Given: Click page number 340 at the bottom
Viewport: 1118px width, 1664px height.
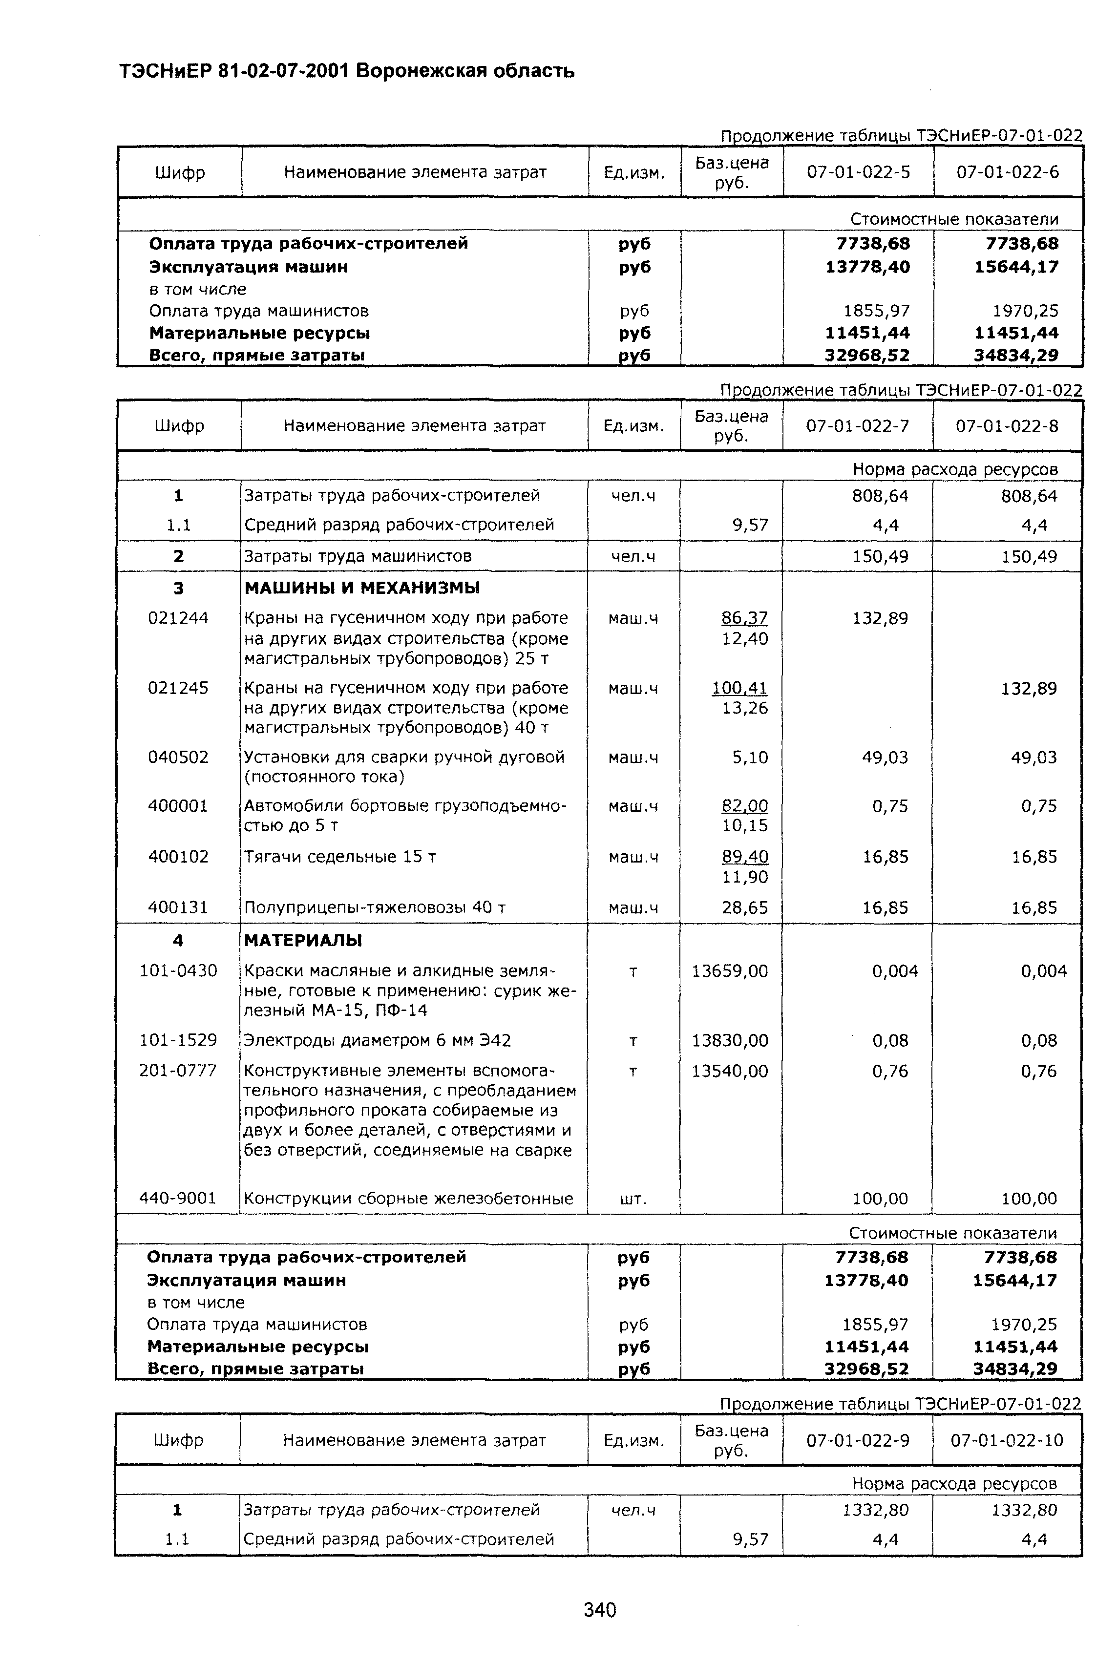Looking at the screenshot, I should click(600, 1610).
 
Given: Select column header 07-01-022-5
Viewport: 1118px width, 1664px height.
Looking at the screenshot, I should click(859, 172).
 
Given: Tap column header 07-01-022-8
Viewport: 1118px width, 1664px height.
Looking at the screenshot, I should click(1007, 426).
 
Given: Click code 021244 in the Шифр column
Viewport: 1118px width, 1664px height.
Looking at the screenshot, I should click(178, 618).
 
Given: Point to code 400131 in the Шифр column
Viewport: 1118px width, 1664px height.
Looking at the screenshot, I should click(178, 907).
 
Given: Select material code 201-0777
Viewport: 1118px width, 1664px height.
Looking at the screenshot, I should click(178, 1071).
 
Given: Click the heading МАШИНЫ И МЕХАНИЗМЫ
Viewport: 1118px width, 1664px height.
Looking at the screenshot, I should click(362, 588).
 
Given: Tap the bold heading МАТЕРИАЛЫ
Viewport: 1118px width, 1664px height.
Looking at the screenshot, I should click(303, 940).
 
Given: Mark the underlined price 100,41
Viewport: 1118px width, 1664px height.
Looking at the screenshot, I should click(739, 688).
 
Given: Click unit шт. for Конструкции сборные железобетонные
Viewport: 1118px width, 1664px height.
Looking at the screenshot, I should click(634, 1199).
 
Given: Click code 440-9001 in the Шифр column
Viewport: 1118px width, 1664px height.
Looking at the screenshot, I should click(178, 1199).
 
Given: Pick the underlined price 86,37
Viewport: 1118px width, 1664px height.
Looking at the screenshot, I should click(744, 618).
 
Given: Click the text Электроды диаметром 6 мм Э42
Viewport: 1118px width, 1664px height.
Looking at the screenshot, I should click(377, 1041).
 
